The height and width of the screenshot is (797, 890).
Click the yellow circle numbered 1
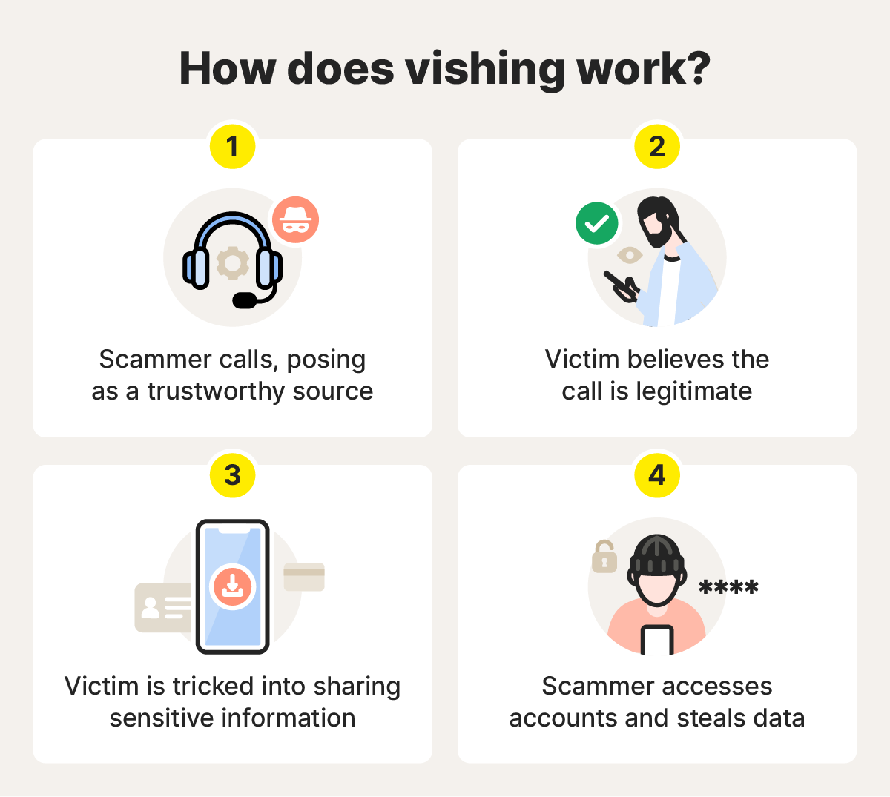[x=233, y=146]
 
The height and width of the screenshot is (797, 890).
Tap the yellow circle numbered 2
[x=657, y=146]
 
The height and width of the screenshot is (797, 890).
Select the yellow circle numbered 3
[x=233, y=474]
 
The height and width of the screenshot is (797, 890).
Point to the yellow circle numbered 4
[x=657, y=474]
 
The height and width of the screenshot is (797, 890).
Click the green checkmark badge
[x=597, y=223]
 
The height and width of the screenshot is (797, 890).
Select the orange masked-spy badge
[x=296, y=220]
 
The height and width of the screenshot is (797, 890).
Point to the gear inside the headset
[x=233, y=263]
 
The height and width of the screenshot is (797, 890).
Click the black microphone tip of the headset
[x=245, y=300]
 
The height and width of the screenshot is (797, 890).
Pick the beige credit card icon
[x=304, y=577]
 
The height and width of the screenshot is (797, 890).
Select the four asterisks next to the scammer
[x=728, y=588]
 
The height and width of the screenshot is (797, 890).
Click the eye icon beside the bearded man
[x=630, y=256]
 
